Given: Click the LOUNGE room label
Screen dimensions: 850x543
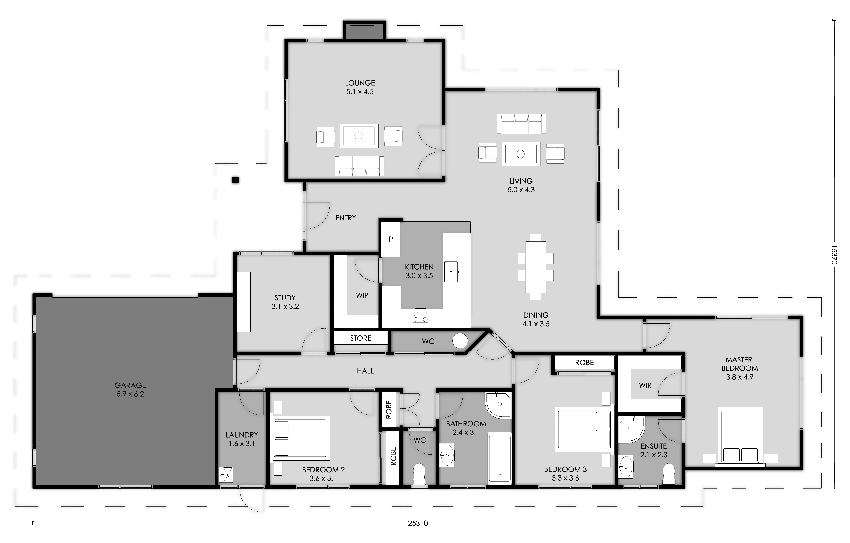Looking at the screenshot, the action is (360, 83).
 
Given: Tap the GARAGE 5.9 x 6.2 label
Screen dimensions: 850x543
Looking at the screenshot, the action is (130, 389).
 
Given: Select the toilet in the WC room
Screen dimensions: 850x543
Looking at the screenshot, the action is (419, 473).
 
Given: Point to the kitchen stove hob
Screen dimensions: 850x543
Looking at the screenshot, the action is (420, 316).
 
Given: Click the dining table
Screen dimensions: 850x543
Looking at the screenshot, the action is (536, 267).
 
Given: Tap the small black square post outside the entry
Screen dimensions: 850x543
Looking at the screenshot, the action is (235, 180).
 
